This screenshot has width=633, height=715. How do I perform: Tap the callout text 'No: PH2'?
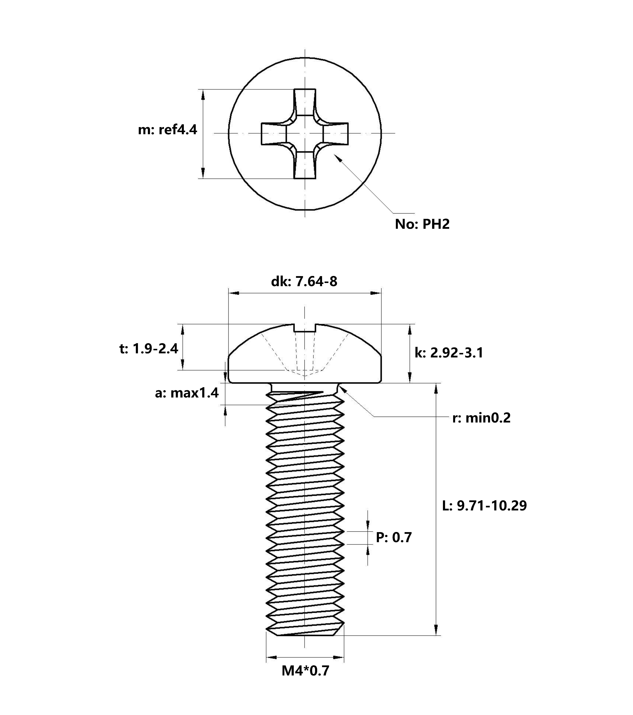tap(422, 224)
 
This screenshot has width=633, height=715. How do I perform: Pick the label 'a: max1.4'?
tap(187, 393)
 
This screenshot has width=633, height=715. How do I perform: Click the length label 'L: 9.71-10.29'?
tap(484, 506)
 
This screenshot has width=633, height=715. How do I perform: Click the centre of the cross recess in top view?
tap(305, 133)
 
